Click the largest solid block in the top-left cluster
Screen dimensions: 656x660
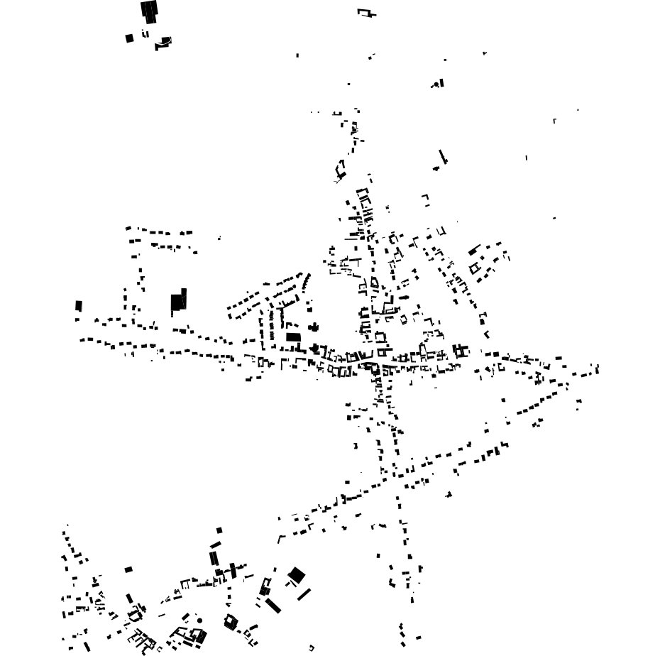(x=149, y=11)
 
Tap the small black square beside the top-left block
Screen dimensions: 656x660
(x=129, y=38)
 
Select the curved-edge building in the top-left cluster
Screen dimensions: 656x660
(x=164, y=43)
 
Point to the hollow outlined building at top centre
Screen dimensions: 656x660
(x=365, y=13)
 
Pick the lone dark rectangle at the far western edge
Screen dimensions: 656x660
(x=79, y=305)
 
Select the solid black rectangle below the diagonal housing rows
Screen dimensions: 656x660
(x=293, y=337)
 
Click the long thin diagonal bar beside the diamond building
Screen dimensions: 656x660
(x=304, y=594)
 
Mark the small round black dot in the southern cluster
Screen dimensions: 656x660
(x=200, y=621)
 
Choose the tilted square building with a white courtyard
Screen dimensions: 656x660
(x=230, y=623)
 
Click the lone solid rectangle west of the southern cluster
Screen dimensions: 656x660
(x=128, y=569)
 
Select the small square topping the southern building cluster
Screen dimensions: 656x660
(x=219, y=530)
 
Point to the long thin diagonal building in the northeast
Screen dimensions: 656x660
(x=443, y=156)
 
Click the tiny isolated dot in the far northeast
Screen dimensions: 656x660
(x=578, y=110)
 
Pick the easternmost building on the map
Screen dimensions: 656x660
(x=597, y=368)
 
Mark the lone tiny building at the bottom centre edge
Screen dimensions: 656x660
(x=311, y=647)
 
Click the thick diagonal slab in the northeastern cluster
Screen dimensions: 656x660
(x=475, y=250)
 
